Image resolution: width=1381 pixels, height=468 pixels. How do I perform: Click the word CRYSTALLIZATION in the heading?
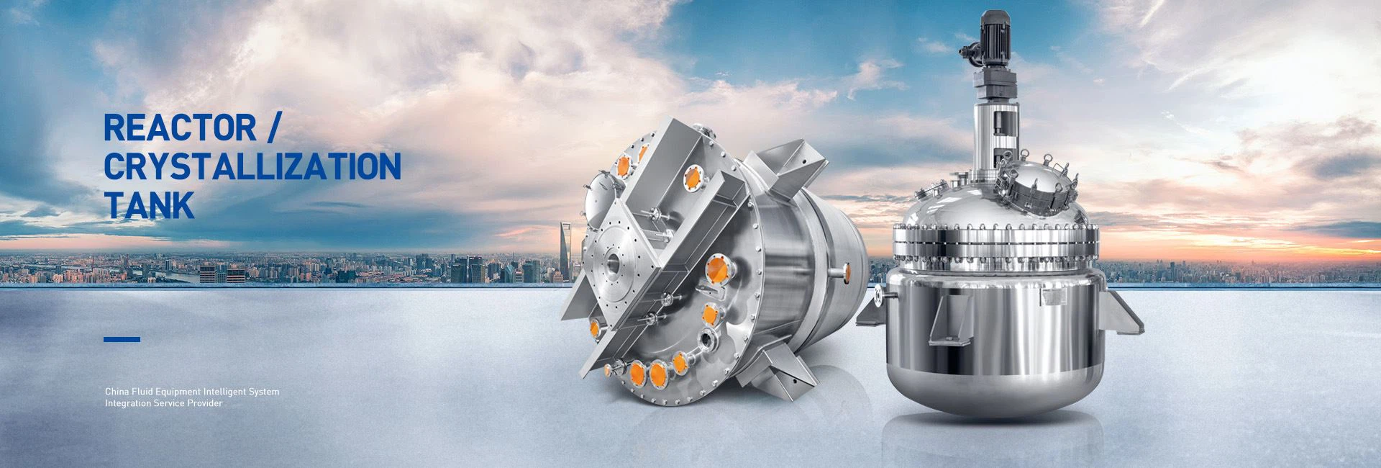252,166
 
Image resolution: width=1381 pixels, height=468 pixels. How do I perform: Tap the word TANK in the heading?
150,204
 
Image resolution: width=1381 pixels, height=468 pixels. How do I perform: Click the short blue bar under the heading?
122,339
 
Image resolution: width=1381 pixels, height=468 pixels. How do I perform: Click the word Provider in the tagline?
206,404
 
